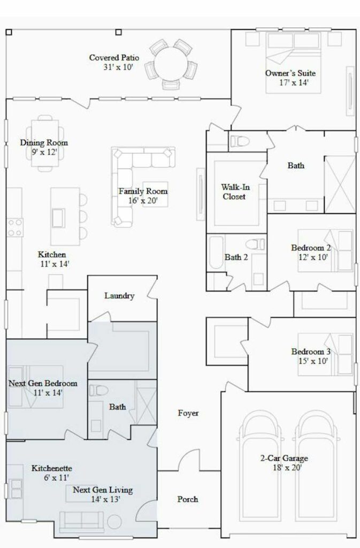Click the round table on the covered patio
click(x=171, y=64)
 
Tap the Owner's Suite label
click(x=290, y=73)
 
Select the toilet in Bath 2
click(x=255, y=244)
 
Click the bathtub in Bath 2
click(x=216, y=253)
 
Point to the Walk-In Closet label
click(x=235, y=192)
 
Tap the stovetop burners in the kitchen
click(x=15, y=227)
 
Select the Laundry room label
click(x=119, y=295)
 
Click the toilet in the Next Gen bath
click(x=99, y=390)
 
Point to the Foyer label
click(x=188, y=413)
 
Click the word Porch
click(x=188, y=499)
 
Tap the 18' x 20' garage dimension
click(x=287, y=467)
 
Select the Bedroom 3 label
click(x=311, y=351)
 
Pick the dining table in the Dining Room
click(x=45, y=143)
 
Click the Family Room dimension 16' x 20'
click(x=143, y=201)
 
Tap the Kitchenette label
click(x=52, y=468)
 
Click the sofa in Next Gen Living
click(x=81, y=521)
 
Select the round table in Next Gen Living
click(x=114, y=522)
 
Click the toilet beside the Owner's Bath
click(x=240, y=141)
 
